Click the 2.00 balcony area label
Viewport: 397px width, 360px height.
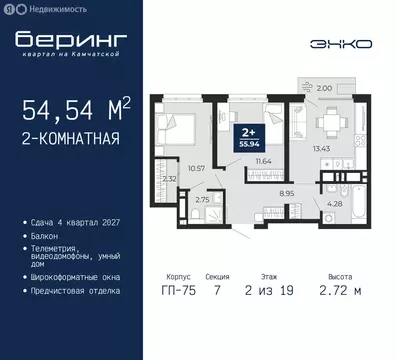(323, 89)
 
